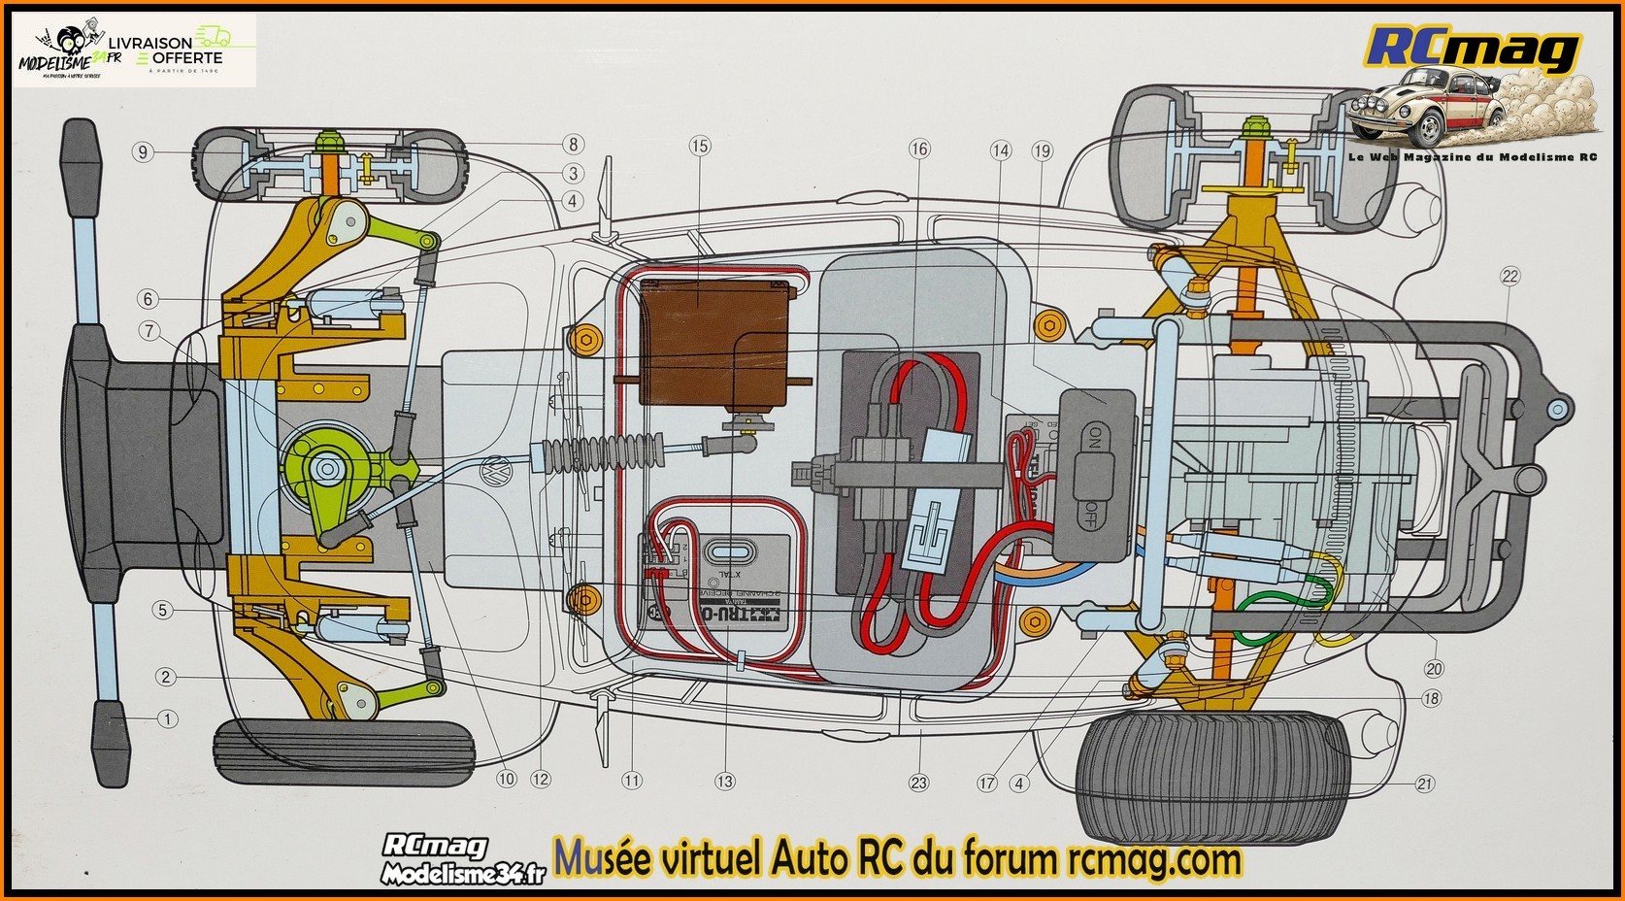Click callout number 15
(x=700, y=146)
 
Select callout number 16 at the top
(x=918, y=149)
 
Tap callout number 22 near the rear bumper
(x=1509, y=276)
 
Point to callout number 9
(x=143, y=151)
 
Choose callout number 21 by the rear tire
(x=1424, y=784)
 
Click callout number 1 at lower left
(x=167, y=719)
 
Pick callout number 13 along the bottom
(x=724, y=781)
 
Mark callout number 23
(x=918, y=784)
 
